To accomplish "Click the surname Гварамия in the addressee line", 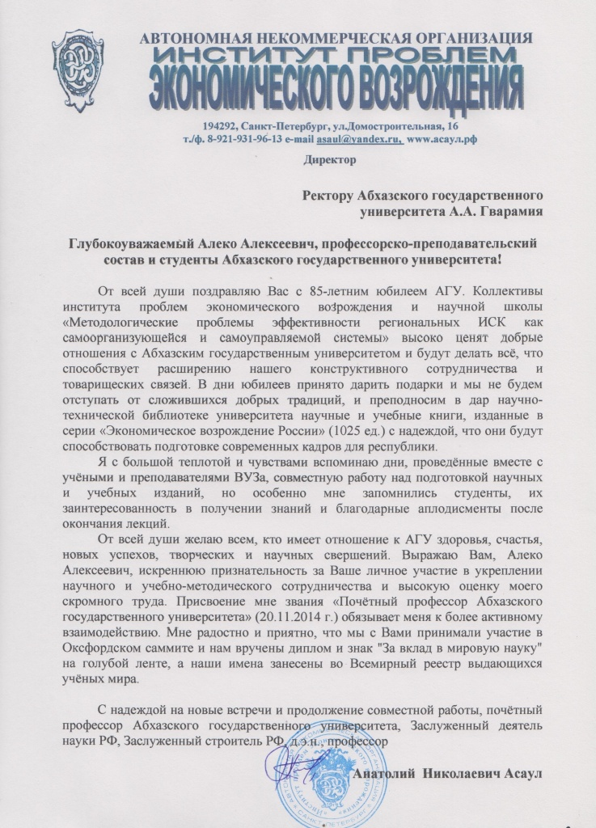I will tap(506, 214).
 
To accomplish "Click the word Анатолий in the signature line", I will tap(385, 772).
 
